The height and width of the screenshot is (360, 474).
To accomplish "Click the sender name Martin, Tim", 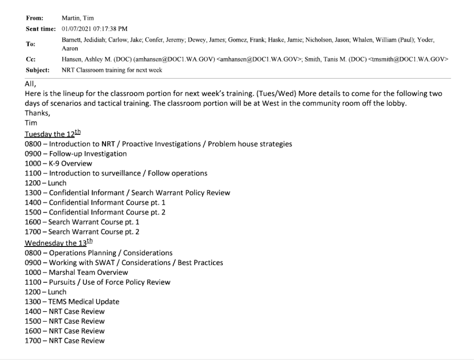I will point(78,18).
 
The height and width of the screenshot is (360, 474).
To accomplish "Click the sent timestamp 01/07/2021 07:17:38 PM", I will point(95,29).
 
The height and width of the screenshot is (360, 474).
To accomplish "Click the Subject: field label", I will point(37,70).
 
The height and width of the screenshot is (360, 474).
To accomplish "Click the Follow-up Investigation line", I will point(76,154).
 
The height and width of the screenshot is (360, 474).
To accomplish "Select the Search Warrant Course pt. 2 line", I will point(82,232).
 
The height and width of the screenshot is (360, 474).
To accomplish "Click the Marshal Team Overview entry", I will point(76,272).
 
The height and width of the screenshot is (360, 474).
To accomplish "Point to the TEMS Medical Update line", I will point(72,302).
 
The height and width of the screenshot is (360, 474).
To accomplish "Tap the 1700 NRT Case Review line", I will point(65,341).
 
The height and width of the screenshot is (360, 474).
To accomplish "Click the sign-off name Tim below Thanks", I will point(31,123).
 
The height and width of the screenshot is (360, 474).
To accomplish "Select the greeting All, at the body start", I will point(31,84).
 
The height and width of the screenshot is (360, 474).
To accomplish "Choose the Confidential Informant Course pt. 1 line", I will point(95,202).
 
